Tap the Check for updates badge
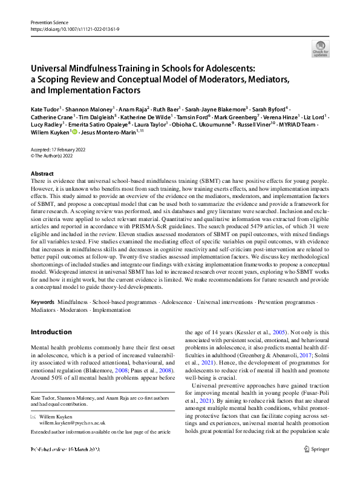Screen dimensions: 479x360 (x=319, y=48)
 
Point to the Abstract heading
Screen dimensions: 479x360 (x=42, y=173)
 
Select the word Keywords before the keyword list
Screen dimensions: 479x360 (x=44, y=301)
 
